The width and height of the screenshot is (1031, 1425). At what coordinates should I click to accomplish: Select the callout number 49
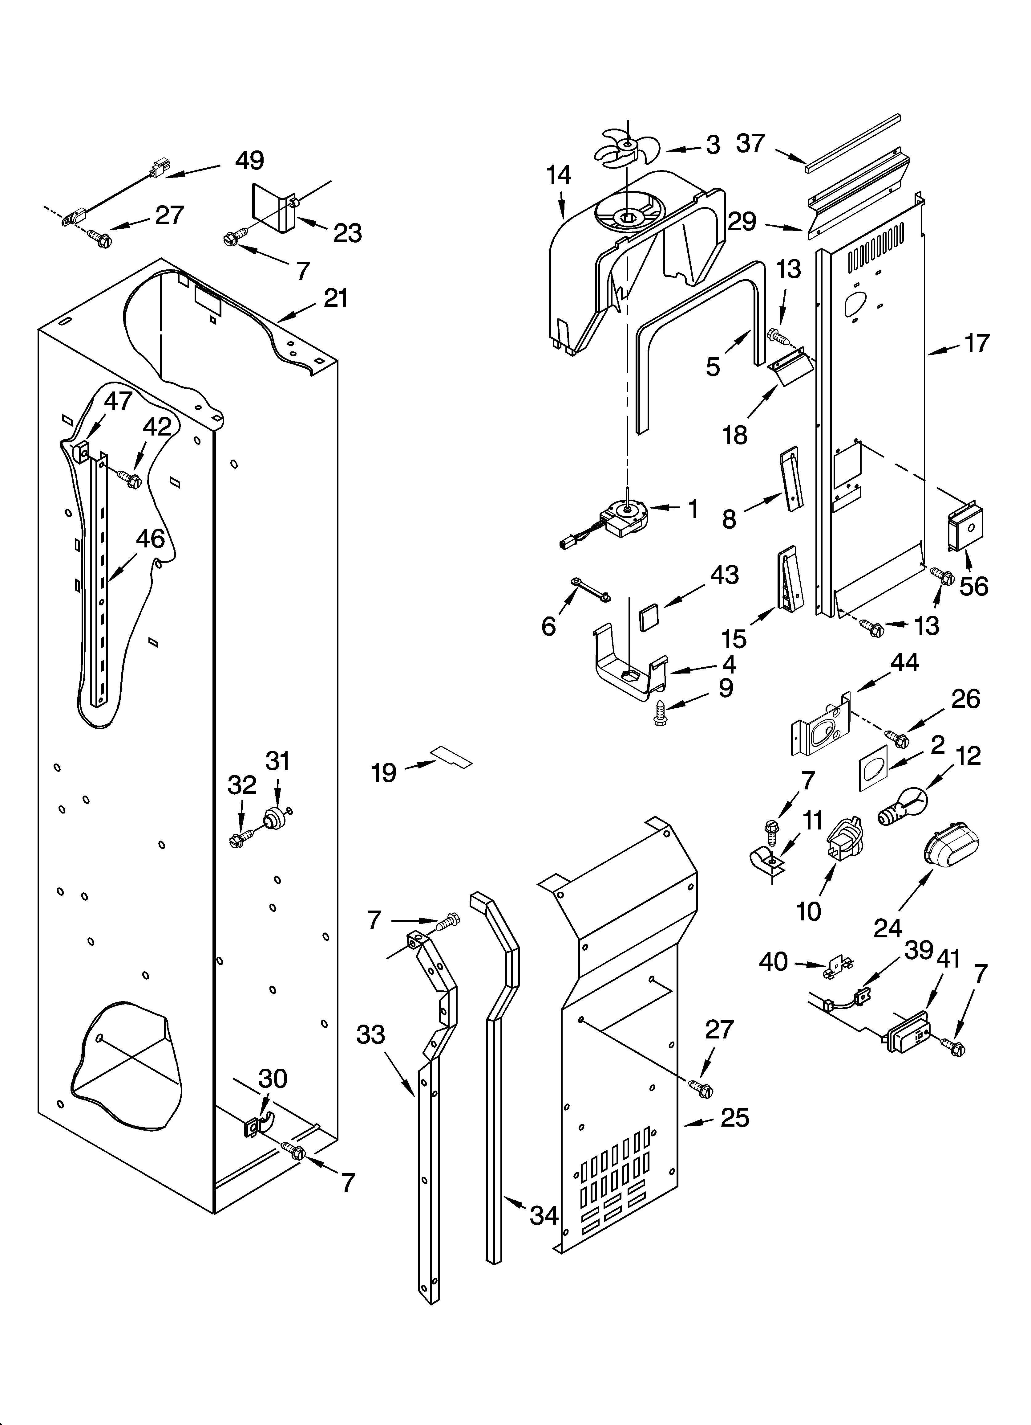click(x=249, y=161)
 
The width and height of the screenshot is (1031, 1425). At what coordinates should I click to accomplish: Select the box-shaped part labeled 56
click(x=964, y=530)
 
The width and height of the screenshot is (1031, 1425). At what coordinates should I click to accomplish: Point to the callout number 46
click(x=150, y=538)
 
